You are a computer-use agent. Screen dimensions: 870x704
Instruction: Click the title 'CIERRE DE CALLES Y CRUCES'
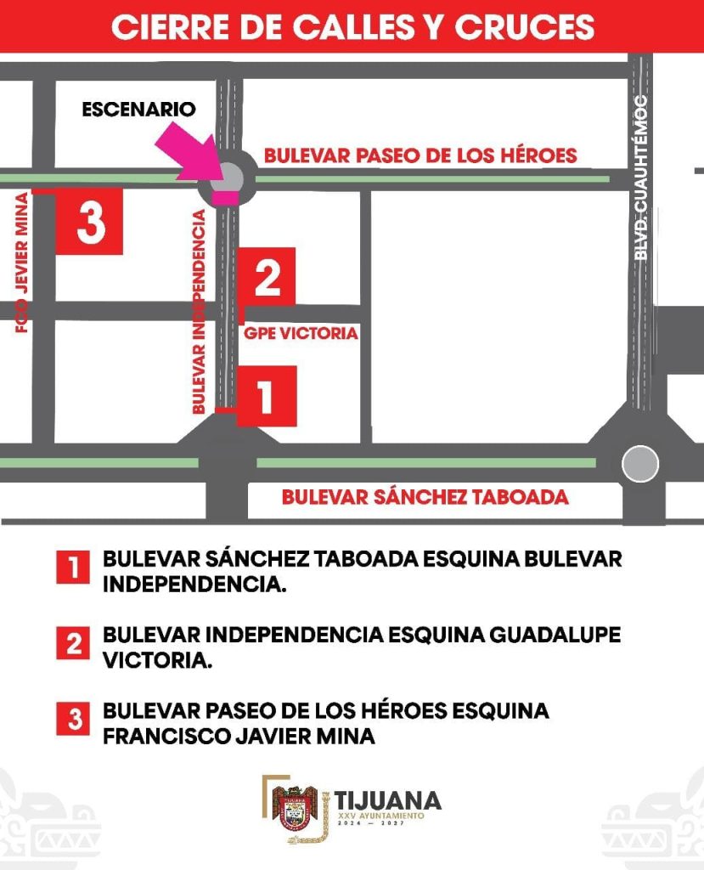click(352, 26)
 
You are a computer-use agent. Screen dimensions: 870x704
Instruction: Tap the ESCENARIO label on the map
click(138, 110)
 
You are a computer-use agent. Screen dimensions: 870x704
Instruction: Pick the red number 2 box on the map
click(268, 277)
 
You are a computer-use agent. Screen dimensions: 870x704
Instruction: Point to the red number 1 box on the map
click(267, 396)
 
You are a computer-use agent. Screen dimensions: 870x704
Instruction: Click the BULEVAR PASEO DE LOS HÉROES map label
click(420, 156)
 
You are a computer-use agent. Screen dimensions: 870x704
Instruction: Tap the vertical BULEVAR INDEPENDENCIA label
click(199, 313)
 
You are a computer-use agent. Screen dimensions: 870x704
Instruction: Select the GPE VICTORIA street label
click(301, 334)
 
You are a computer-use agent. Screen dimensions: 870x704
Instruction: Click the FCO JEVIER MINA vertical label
click(22, 263)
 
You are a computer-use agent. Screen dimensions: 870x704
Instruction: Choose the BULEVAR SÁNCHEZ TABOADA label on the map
click(425, 497)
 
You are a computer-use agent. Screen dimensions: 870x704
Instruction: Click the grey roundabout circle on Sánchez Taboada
click(639, 464)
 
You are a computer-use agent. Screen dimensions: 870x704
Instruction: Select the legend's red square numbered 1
click(73, 567)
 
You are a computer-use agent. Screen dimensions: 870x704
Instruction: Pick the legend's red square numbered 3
click(73, 720)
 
